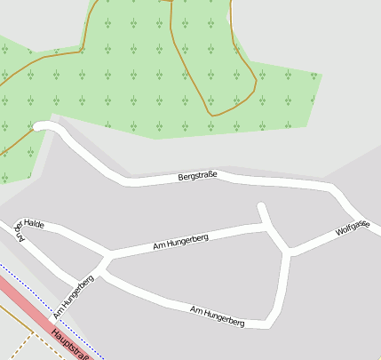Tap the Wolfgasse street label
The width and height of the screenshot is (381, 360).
tap(353, 228)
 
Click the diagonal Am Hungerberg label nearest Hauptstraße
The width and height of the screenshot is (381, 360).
tap(73, 297)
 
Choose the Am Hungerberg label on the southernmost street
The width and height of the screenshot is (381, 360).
tap(218, 315)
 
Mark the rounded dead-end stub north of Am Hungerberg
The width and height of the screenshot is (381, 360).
tap(261, 209)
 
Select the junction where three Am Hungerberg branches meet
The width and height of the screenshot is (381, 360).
tap(106, 260)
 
